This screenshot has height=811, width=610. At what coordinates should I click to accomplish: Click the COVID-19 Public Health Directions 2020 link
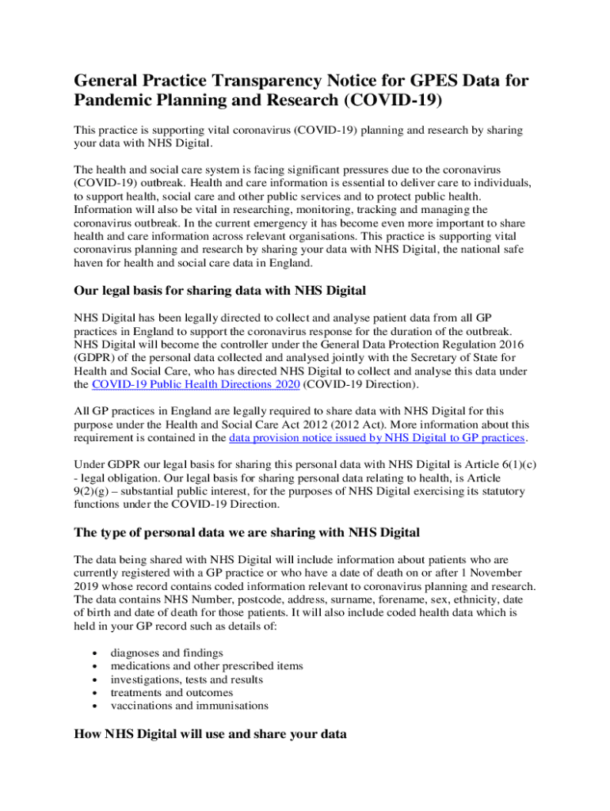point(196,384)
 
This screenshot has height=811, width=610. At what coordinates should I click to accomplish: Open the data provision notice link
point(376,437)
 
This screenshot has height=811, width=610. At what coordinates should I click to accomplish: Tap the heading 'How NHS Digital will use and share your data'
point(210,733)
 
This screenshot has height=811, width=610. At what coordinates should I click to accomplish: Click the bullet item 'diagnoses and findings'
point(166,652)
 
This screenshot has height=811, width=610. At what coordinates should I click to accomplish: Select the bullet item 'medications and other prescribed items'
point(207,665)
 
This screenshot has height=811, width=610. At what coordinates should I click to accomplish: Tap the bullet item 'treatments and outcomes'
point(172,692)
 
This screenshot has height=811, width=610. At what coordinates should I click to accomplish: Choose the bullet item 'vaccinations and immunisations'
point(189,706)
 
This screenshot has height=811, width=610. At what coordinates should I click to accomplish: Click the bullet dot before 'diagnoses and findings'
point(96,653)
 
